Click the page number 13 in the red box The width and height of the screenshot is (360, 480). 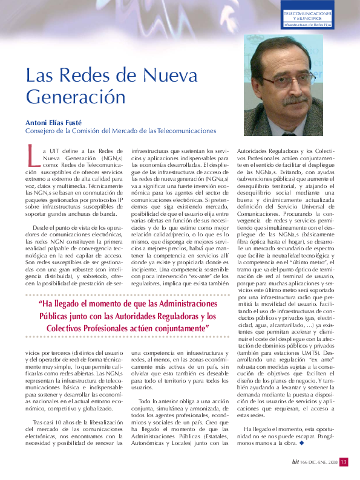343,462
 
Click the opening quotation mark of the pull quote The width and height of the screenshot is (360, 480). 41,304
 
